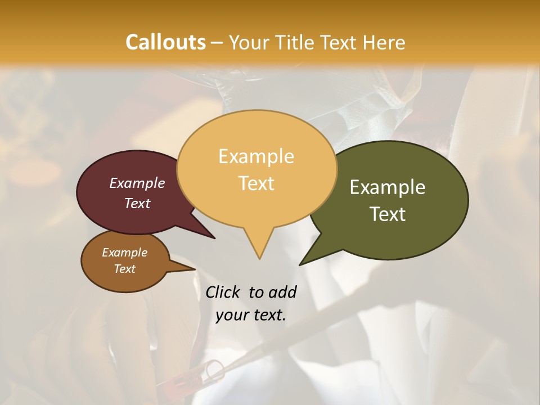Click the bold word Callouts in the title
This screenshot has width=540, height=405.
pos(165,42)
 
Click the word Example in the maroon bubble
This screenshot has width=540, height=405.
pos(137,183)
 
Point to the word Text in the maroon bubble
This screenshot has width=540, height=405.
pos(137,203)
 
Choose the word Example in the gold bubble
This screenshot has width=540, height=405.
pos(256,156)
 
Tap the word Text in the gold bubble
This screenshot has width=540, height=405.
pos(256,183)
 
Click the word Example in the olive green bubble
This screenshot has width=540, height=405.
pos(388,187)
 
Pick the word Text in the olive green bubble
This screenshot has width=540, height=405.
pos(388,214)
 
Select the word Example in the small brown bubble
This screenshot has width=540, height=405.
pos(125,253)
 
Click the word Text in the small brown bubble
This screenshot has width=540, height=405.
pos(125,269)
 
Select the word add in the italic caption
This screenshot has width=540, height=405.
pos(282,292)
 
